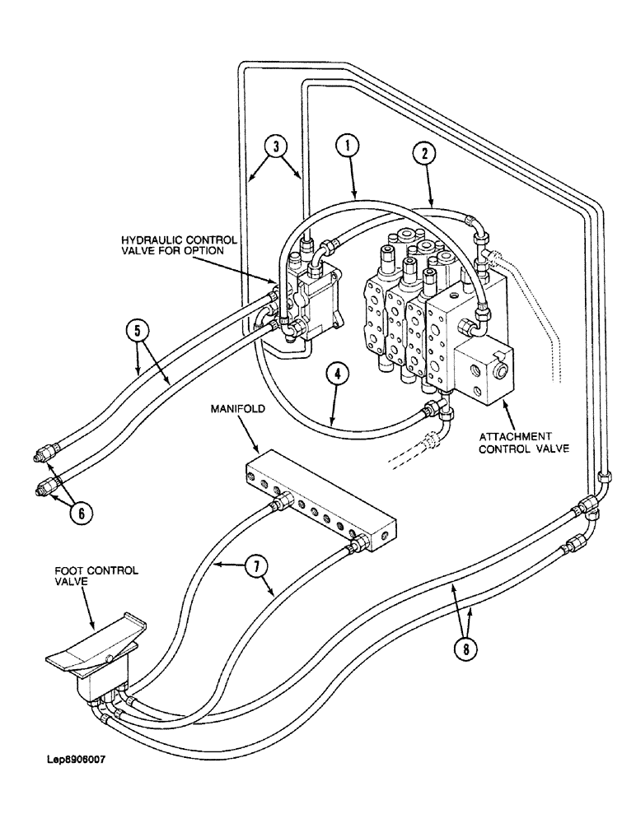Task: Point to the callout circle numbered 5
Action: pos(138,332)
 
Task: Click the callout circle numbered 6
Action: pos(81,512)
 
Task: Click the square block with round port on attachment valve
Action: pos(481,372)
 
